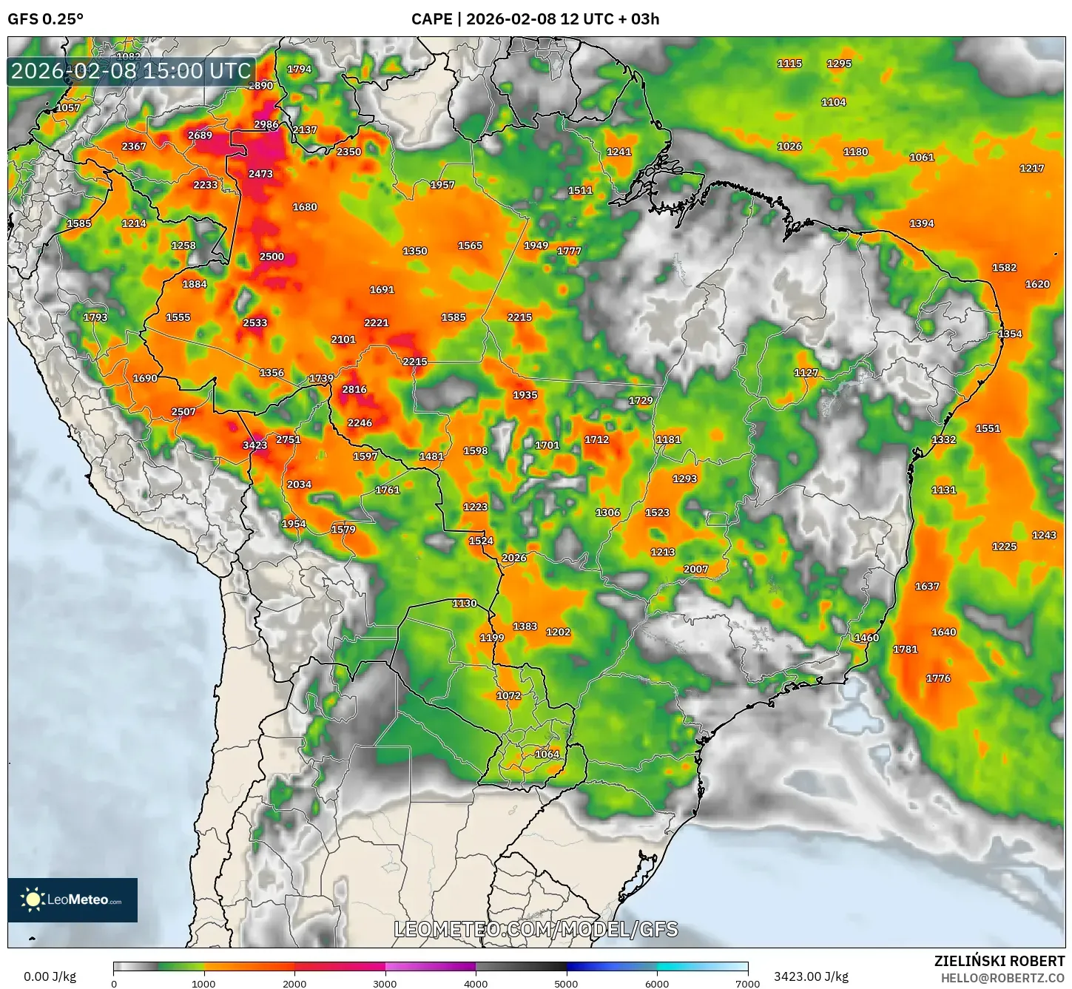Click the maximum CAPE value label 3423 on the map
[254, 445]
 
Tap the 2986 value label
[266, 124]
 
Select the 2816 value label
[354, 389]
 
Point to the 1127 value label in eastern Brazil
[806, 373]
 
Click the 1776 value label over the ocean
[938, 678]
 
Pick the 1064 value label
[547, 754]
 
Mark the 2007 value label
[695, 569]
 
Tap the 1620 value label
[1037, 284]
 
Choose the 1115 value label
[789, 64]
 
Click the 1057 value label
[68, 107]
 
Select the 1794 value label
[299, 69]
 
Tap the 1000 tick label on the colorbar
[204, 983]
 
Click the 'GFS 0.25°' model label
[45, 19]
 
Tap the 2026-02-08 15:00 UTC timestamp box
[131, 71]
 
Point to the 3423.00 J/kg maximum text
[811, 976]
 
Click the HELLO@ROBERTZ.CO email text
[1002, 977]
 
